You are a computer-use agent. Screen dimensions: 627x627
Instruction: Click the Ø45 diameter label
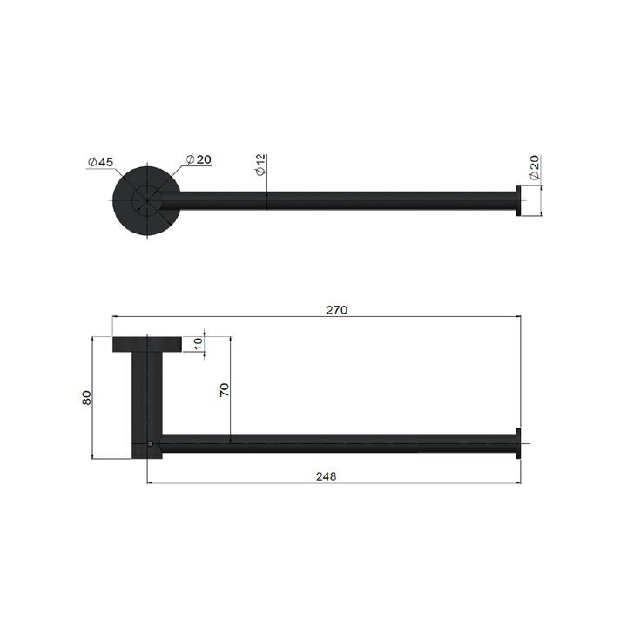point(101,162)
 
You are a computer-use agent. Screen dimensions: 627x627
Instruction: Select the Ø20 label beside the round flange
point(199,159)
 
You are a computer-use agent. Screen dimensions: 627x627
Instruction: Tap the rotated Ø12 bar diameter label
point(260,165)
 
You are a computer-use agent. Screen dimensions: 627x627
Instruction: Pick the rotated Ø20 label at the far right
point(535,167)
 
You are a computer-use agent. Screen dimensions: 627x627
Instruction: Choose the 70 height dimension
point(224,389)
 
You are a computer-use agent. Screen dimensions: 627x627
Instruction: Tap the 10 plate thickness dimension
point(199,344)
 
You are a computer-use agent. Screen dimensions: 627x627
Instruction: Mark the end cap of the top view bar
point(519,200)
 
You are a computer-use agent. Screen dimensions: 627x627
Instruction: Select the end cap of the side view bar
point(519,444)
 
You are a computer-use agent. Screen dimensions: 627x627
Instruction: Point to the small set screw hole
point(150,444)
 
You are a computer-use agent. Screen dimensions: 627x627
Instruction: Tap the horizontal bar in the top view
point(348,200)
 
